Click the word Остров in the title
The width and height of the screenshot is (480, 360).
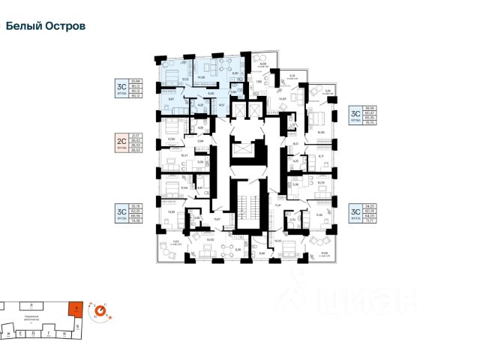click(64, 25)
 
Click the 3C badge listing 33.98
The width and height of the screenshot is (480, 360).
click(119, 88)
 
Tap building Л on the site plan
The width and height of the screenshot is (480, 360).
click(31, 306)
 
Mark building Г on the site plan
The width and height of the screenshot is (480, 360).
click(47, 328)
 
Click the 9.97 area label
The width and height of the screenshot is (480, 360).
click(172, 99)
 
